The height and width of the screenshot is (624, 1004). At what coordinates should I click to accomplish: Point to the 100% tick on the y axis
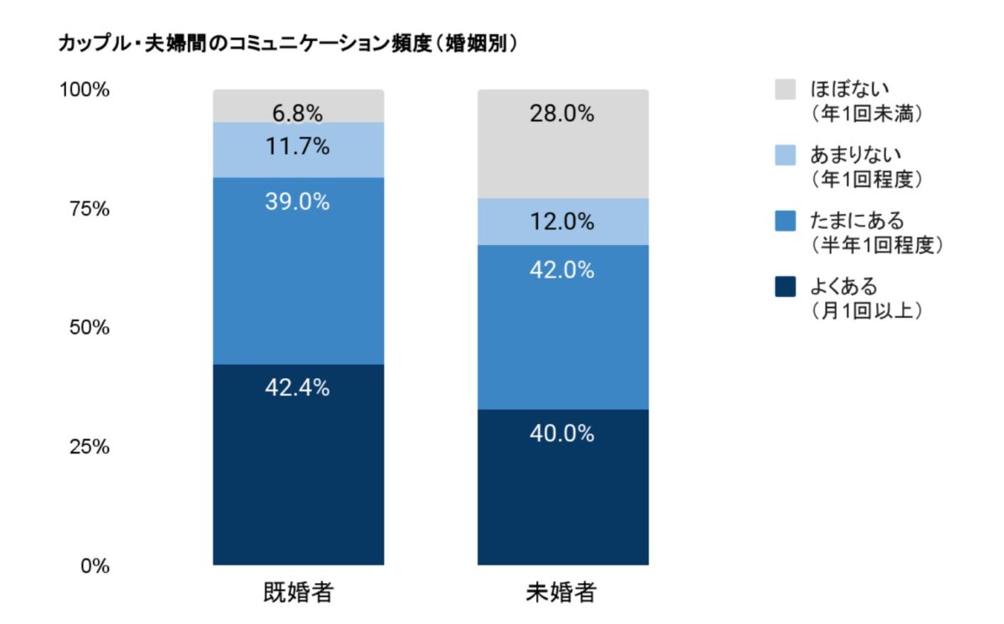click(x=83, y=90)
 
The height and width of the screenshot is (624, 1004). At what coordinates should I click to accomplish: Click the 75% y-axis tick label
click(x=88, y=209)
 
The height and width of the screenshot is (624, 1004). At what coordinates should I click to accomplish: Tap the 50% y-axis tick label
click(x=88, y=328)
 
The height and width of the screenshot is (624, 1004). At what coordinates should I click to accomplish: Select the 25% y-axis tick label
click(x=88, y=447)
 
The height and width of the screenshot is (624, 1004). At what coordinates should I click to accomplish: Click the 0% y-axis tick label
click(x=93, y=566)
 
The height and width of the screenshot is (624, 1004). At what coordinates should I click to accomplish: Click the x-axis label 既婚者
click(x=298, y=594)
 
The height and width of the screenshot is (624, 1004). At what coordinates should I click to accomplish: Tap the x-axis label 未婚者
click(x=562, y=594)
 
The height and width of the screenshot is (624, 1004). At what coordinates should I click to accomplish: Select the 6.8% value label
click(x=298, y=113)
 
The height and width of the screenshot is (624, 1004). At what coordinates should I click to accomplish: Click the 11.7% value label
click(x=298, y=147)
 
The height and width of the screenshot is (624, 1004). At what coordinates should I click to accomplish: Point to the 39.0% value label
click(x=298, y=202)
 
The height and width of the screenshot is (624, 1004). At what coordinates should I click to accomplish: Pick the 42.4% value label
click(x=298, y=388)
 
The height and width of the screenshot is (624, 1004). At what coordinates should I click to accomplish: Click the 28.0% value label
click(x=562, y=115)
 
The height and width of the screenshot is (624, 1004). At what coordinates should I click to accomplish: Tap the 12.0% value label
click(x=562, y=222)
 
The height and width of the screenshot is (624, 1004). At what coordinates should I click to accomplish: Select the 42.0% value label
click(x=562, y=270)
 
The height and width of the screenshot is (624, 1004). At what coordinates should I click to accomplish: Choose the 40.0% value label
click(x=562, y=434)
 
